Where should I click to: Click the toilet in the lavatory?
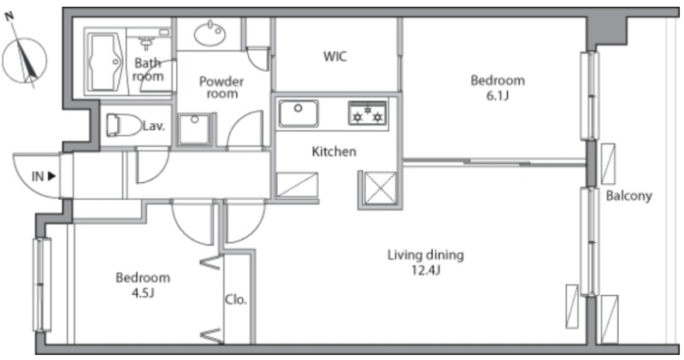[124, 125]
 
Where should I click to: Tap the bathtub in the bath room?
[105, 62]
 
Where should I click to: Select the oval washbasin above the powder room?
[209, 34]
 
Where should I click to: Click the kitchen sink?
[298, 114]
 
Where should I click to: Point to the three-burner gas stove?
[368, 113]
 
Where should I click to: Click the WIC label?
[335, 56]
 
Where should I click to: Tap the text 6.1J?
[498, 96]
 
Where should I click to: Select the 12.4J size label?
[426, 270]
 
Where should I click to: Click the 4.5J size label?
[143, 292]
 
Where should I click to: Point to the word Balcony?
[628, 196]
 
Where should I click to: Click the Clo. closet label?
[236, 300]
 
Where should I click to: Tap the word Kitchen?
[334, 151]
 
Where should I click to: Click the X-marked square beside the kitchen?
[380, 188]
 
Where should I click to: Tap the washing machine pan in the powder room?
[194, 129]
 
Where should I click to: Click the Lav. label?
[154, 127]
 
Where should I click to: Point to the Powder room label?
[221, 87]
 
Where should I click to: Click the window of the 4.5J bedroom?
[42, 285]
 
